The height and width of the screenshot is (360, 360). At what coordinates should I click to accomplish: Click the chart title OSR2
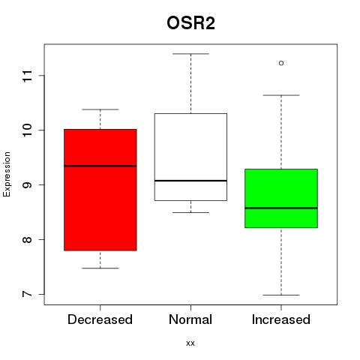pyautogui.click(x=190, y=23)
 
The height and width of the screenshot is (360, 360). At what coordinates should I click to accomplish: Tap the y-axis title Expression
pyautogui.click(x=7, y=174)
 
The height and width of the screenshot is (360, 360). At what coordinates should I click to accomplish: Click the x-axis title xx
pyautogui.click(x=190, y=343)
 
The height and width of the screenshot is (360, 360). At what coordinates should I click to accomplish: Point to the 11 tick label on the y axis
pyautogui.click(x=27, y=76)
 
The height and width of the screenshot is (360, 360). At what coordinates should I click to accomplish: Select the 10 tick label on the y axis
pyautogui.click(x=27, y=130)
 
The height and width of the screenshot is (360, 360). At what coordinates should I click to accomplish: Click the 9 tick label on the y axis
pyautogui.click(x=27, y=184)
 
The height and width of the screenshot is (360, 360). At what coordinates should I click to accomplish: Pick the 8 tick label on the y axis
pyautogui.click(x=27, y=239)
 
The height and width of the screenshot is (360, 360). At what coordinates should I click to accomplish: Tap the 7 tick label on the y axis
pyautogui.click(x=27, y=294)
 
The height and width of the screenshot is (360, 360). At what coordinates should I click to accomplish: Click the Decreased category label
pyautogui.click(x=100, y=319)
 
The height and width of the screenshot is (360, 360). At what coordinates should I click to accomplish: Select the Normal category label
pyautogui.click(x=190, y=319)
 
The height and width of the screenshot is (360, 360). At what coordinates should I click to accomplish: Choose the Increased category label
pyautogui.click(x=281, y=319)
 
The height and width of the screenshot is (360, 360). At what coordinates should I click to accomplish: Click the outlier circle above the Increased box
pyautogui.click(x=281, y=63)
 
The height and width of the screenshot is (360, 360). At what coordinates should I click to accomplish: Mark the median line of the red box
pyautogui.click(x=100, y=166)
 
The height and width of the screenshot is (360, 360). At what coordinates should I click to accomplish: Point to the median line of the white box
pyautogui.click(x=190, y=181)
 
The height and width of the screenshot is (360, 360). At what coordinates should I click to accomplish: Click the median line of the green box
pyautogui.click(x=281, y=208)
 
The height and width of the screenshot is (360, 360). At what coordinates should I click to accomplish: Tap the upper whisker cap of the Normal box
pyautogui.click(x=190, y=54)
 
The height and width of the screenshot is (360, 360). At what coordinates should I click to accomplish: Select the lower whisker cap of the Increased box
pyautogui.click(x=281, y=295)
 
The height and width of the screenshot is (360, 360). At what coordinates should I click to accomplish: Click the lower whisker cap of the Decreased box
pyautogui.click(x=100, y=268)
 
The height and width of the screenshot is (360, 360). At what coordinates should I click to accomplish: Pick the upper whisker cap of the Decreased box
pyautogui.click(x=100, y=109)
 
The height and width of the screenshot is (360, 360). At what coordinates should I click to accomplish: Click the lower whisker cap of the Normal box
pyautogui.click(x=190, y=212)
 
